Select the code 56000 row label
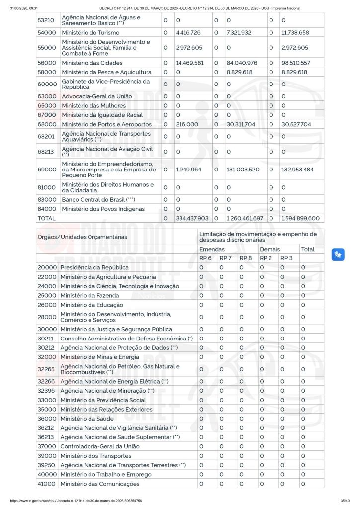[47, 63]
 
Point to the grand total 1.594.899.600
[300, 218]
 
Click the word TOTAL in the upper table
[47, 218]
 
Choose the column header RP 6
[205, 258]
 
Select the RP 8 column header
[246, 258]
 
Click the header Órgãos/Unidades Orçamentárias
[82, 237]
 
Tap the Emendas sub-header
[212, 249]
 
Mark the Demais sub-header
[270, 249]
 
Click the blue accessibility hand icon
[338, 254]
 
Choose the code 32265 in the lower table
[47, 369]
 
